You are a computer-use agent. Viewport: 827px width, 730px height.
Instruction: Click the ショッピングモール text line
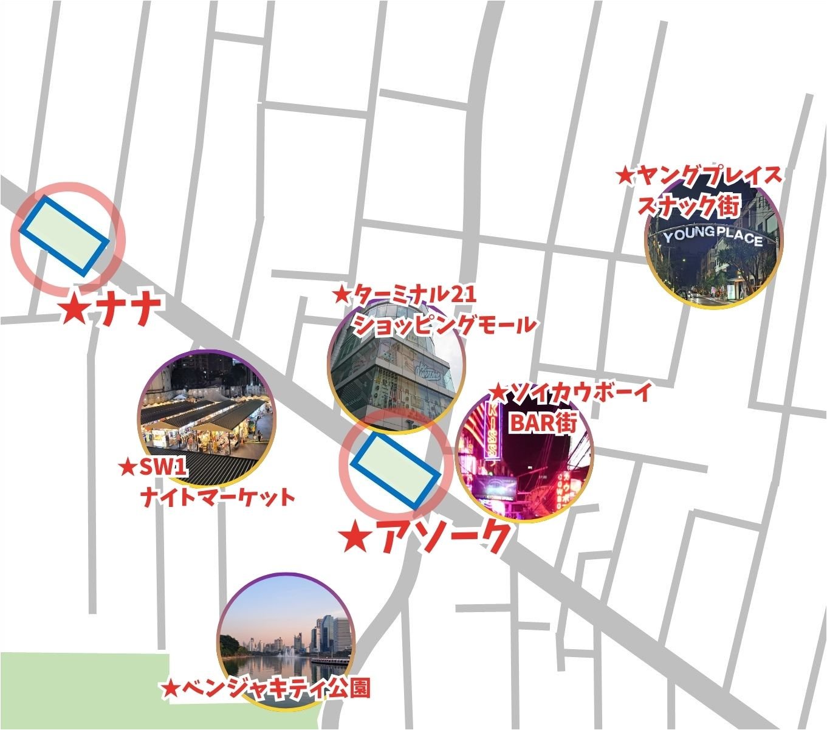pyautogui.click(x=444, y=325)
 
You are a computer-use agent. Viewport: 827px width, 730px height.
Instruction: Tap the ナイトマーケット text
pyautogui.click(x=217, y=497)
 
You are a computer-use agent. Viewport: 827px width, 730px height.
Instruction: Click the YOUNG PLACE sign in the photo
pyautogui.click(x=713, y=237)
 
